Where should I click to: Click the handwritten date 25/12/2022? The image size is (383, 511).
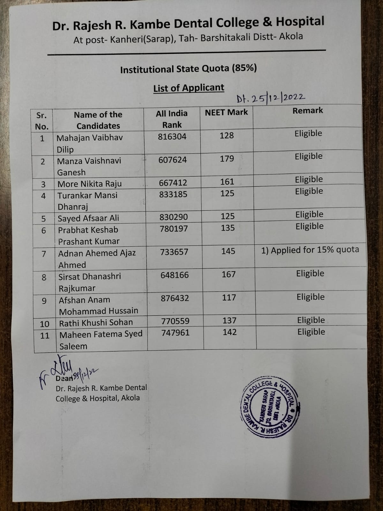(271, 98)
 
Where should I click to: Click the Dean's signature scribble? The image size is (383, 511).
(67, 370)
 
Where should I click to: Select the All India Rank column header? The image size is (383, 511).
(172, 119)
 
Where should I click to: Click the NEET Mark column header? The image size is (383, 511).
(226, 112)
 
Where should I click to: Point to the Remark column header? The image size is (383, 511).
(308, 111)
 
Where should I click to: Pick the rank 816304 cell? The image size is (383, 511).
(172, 137)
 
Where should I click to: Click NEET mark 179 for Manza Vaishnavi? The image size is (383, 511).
(227, 159)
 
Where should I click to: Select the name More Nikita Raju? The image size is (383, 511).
(89, 184)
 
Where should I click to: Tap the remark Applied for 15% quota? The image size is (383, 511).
(310, 250)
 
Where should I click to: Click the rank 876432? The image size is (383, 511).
(175, 298)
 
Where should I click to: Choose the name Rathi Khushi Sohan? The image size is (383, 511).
(96, 323)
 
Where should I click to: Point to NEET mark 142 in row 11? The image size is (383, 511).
(229, 332)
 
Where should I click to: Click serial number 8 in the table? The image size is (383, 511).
(44, 277)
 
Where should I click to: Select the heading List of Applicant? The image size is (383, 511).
(189, 88)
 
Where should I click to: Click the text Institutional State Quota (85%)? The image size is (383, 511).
(188, 69)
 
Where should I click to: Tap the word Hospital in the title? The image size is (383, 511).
(300, 22)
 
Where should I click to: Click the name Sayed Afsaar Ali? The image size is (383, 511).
(88, 218)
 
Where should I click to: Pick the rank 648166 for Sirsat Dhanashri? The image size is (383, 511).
(175, 275)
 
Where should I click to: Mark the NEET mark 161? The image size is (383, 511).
(227, 182)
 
